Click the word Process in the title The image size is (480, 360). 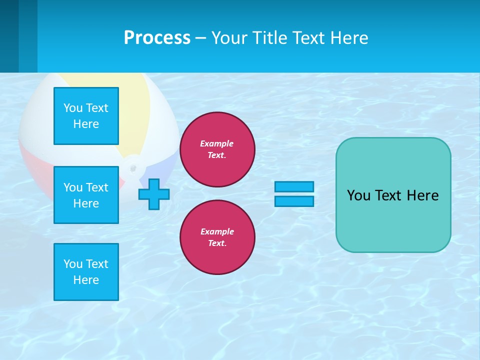(x=157, y=38)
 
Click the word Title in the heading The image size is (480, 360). (x=269, y=38)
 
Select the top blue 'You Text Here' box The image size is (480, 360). (x=86, y=116)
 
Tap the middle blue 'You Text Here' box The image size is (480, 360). (x=86, y=195)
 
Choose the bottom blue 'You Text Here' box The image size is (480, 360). (x=86, y=272)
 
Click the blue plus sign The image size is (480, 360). (x=154, y=194)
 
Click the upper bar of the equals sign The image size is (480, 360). (x=294, y=186)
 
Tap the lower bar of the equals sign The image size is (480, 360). (x=294, y=201)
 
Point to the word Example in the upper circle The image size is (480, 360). (x=217, y=143)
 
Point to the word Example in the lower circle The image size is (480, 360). (x=217, y=231)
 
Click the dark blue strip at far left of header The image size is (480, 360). (x=9, y=36)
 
